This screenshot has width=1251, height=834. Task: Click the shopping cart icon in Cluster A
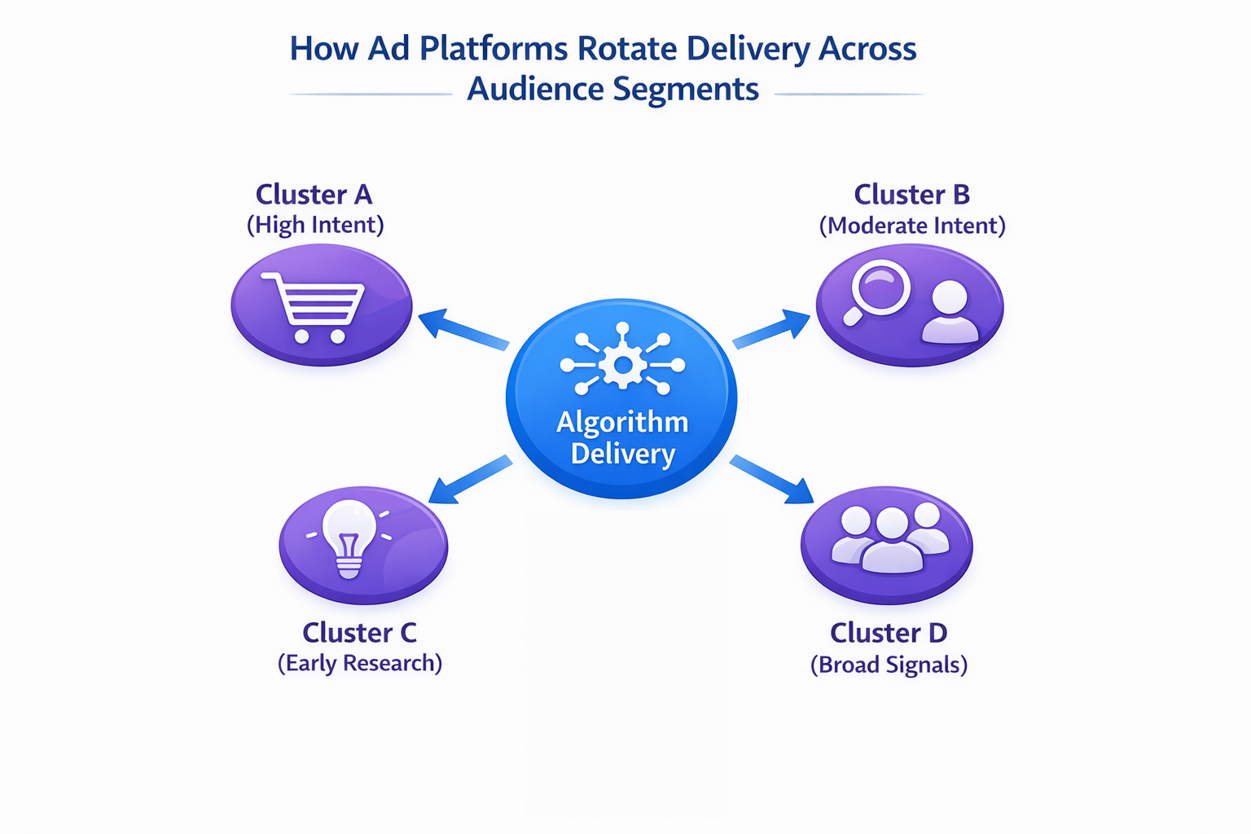click(313, 308)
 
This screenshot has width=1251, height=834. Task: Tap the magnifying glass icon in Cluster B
click(878, 292)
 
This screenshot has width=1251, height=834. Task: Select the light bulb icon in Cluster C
click(349, 538)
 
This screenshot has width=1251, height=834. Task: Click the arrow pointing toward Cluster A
click(463, 330)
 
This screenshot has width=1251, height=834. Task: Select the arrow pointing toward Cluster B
click(772, 329)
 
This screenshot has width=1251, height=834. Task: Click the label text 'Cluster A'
click(314, 195)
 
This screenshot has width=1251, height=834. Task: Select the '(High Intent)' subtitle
click(315, 225)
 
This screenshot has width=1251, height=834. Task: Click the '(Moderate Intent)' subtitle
click(911, 226)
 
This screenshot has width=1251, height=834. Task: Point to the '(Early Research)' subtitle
click(359, 663)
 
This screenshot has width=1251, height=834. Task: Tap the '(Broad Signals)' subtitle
click(889, 665)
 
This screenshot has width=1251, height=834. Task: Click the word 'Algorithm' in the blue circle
click(622, 422)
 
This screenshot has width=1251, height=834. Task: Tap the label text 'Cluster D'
click(889, 633)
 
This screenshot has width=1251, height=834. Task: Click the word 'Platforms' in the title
click(494, 49)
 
